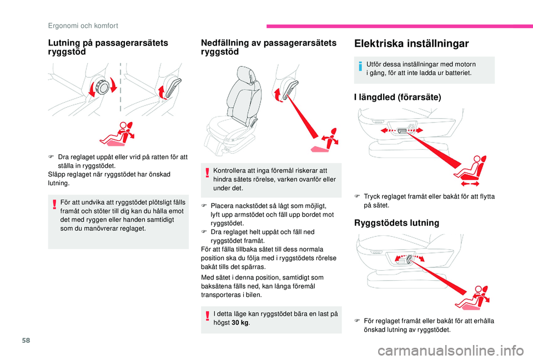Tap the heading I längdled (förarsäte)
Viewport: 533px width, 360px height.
coord(397,97)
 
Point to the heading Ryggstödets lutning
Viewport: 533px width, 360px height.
coord(393,223)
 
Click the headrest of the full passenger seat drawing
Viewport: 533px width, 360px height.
coord(243,78)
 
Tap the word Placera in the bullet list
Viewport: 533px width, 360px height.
coord(223,206)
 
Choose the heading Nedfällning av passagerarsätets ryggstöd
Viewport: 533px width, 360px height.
coord(269,47)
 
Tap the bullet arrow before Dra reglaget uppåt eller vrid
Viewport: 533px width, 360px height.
coord(51,156)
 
